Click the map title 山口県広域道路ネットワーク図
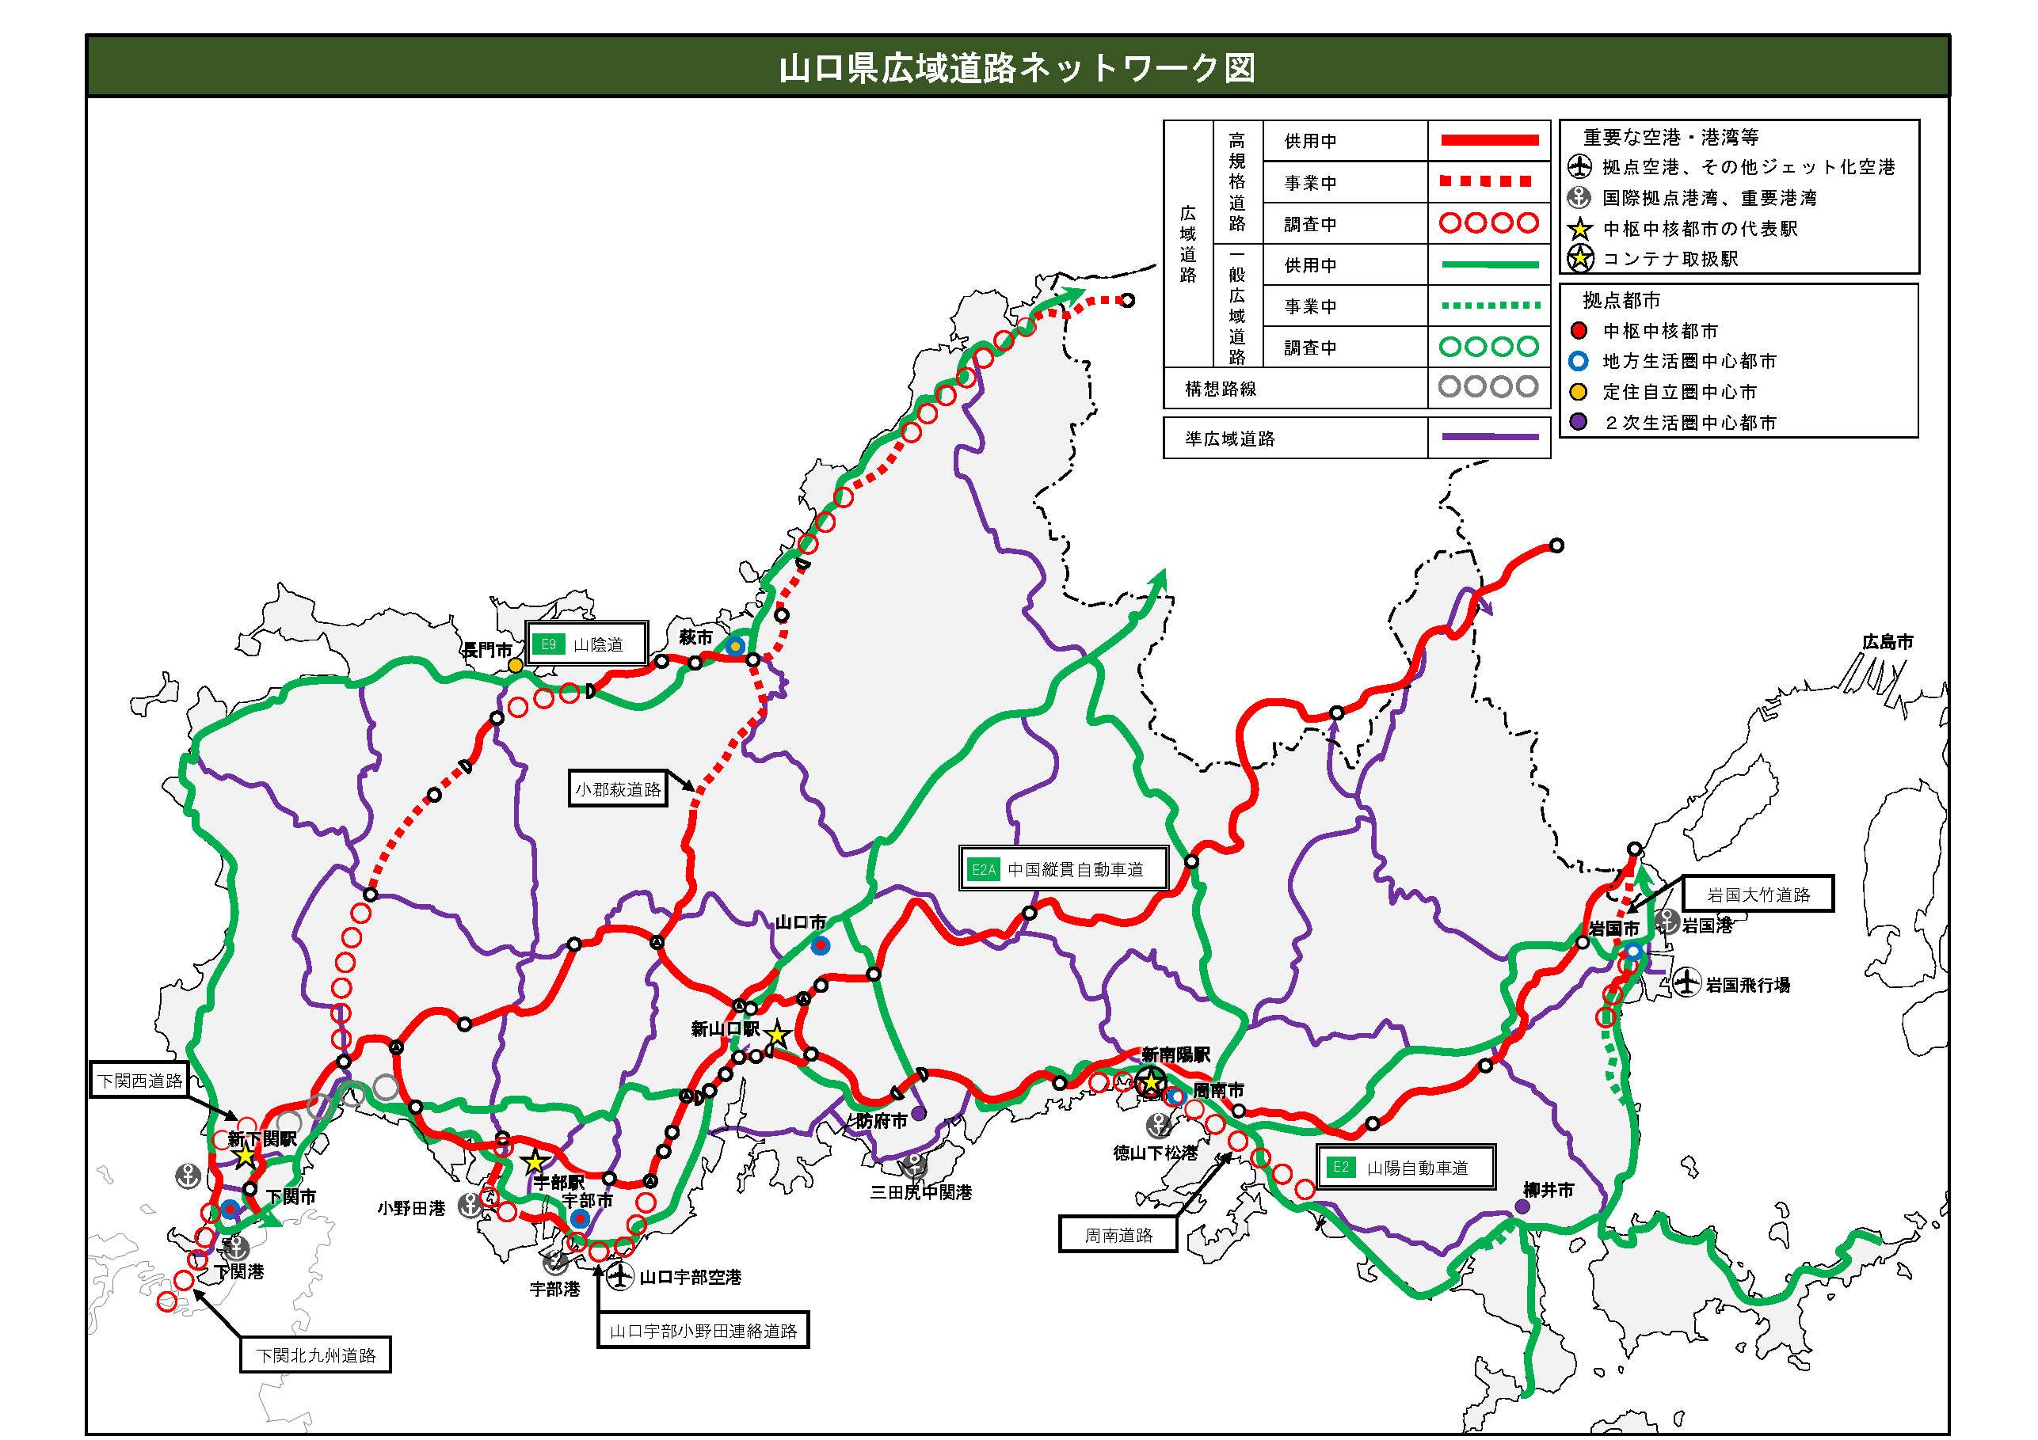tap(1017, 67)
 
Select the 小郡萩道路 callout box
tap(618, 788)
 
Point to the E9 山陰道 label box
tap(586, 644)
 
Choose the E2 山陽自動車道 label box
tap(1406, 1168)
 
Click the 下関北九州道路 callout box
tap(316, 1355)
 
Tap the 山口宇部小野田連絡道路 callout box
tap(703, 1330)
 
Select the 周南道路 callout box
tap(1118, 1235)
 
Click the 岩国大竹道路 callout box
tap(1758, 895)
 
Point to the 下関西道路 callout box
tap(140, 1080)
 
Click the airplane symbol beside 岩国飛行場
tap(1686, 983)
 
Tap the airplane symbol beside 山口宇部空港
tap(619, 1277)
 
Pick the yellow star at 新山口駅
tap(778, 1035)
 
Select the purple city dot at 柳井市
tap(1522, 1206)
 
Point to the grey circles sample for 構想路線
tap(1488, 387)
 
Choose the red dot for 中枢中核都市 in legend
tap(1579, 331)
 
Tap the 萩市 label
tap(696, 637)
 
